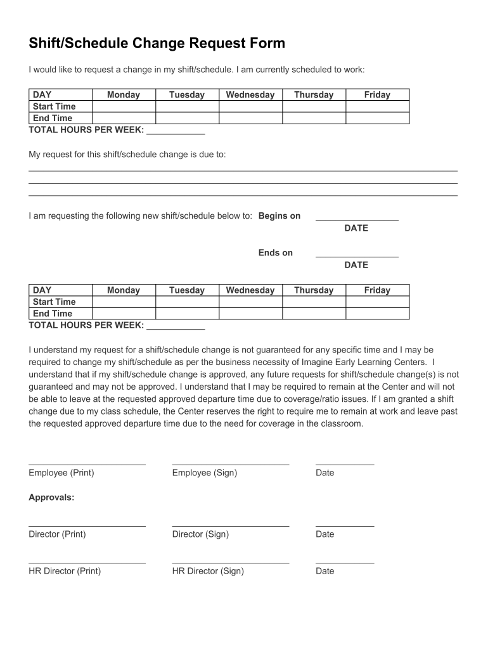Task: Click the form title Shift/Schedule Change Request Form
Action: pyautogui.click(x=157, y=44)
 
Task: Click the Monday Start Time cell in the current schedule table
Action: pyautogui.click(x=124, y=106)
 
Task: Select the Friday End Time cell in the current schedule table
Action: pyautogui.click(x=377, y=119)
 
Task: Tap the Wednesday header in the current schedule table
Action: pyautogui.click(x=250, y=95)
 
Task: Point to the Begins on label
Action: pyautogui.click(x=279, y=216)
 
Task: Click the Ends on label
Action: pyautogui.click(x=276, y=253)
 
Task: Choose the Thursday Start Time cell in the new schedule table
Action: pyautogui.click(x=314, y=302)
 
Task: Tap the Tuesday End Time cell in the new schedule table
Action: pyautogui.click(x=187, y=314)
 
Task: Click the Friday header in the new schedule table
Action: pyautogui.click(x=377, y=290)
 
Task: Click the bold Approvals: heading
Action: pyautogui.click(x=51, y=498)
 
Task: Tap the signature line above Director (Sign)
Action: pyautogui.click(x=230, y=525)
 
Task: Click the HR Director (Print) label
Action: pyautogui.click(x=65, y=571)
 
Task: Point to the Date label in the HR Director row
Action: pyautogui.click(x=324, y=571)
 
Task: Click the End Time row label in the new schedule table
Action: pyautogui.click(x=53, y=314)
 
